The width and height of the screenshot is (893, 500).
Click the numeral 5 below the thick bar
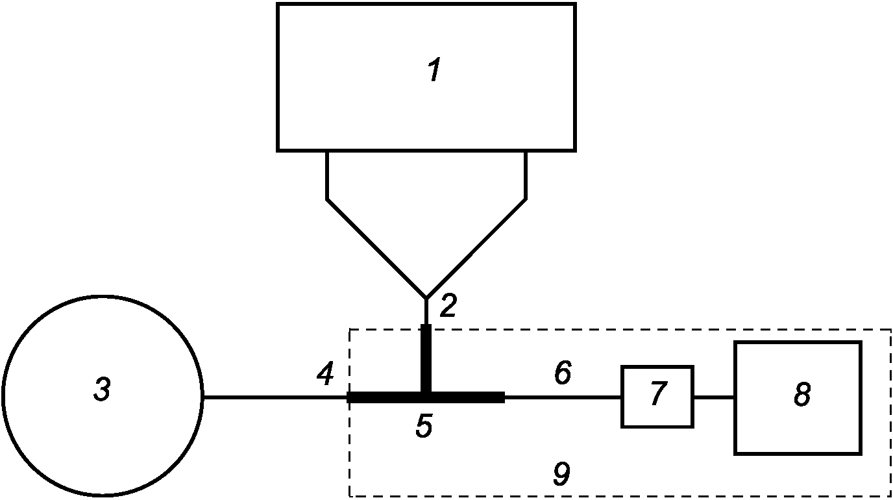tap(424, 427)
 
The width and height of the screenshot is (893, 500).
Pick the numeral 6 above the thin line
tap(562, 373)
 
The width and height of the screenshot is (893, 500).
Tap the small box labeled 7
tap(657, 396)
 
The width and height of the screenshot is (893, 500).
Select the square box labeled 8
tap(798, 397)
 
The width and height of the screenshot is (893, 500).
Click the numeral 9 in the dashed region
tap(562, 475)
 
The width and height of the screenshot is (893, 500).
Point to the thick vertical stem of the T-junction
tap(426, 357)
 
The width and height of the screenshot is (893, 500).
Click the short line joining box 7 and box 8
tap(714, 397)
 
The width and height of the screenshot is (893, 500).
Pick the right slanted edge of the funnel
tap(476, 248)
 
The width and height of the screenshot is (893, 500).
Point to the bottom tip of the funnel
tap(426, 298)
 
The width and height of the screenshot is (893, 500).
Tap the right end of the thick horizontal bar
tap(502, 397)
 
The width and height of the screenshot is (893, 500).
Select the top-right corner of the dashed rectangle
tap(890, 330)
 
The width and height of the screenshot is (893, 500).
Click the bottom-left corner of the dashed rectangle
tap(350, 496)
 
